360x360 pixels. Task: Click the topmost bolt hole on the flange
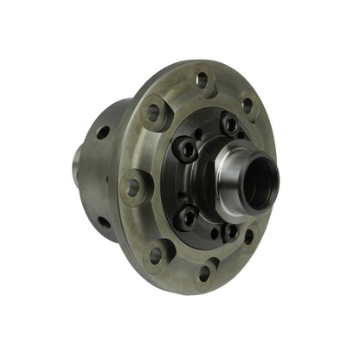coord(202,80)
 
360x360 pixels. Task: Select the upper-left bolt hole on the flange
coord(153,112)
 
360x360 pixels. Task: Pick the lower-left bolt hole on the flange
coord(156,254)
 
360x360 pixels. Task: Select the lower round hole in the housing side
coord(105,222)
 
